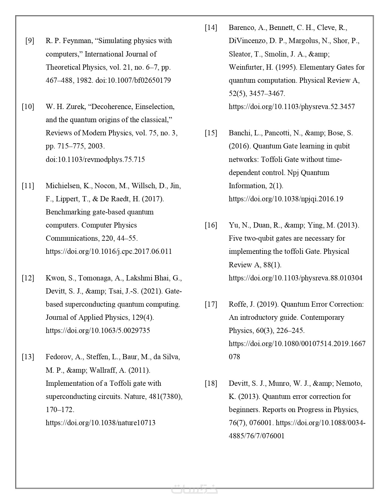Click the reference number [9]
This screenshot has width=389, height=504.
point(30,41)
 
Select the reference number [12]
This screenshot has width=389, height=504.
point(28,278)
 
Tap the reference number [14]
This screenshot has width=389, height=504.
point(211,27)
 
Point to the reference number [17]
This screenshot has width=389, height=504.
point(211,304)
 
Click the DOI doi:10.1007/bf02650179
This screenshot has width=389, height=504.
point(133,80)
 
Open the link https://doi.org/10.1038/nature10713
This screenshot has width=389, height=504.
point(100,423)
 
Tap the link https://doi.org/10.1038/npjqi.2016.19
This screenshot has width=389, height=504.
point(286,199)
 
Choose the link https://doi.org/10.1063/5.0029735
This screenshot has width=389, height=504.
point(98,331)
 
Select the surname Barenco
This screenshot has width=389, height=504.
point(242,27)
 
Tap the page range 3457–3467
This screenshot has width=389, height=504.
point(267,93)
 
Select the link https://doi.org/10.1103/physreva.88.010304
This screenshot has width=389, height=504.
point(296,278)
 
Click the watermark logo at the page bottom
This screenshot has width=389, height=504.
point(194,488)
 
